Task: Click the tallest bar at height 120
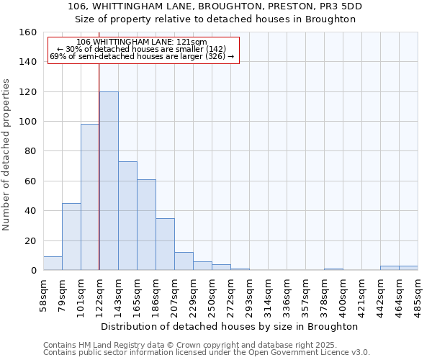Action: (109, 181)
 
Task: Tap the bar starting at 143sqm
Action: (127, 216)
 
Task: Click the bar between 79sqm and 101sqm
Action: (71, 237)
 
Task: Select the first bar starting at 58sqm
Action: (53, 264)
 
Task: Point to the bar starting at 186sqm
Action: (165, 244)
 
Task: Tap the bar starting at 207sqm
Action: (184, 261)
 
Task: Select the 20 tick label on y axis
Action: (30, 240)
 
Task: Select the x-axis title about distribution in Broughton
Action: (229, 326)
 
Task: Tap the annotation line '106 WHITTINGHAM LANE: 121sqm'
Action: (142, 42)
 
